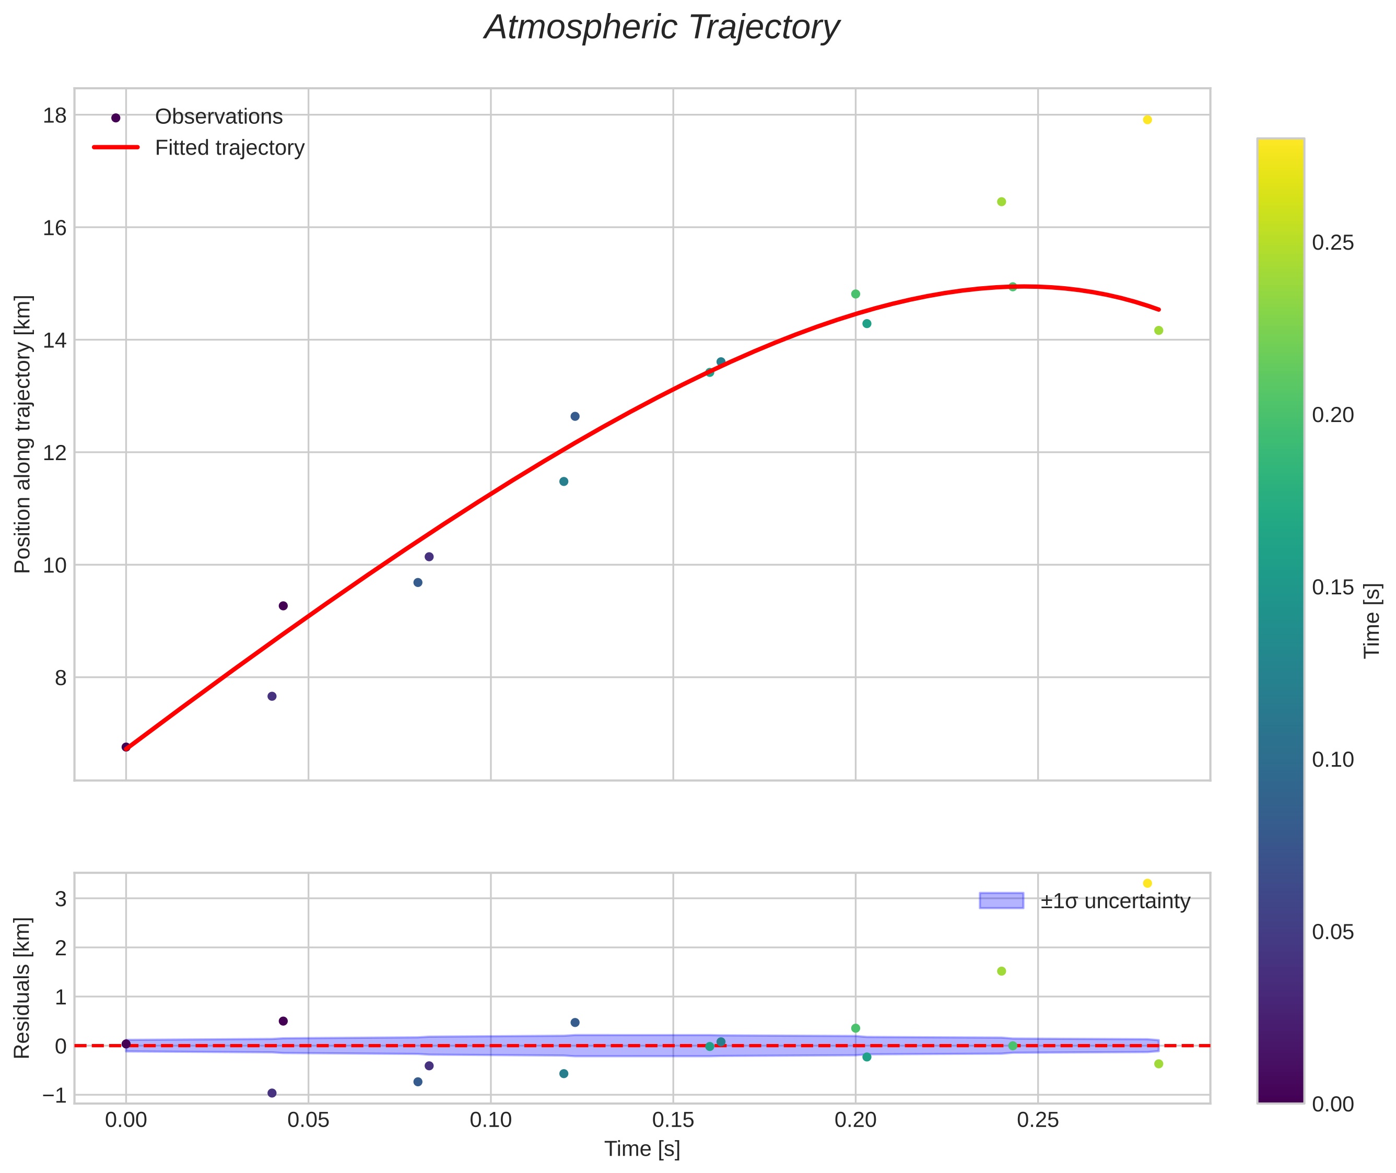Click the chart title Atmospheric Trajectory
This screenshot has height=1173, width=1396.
click(662, 28)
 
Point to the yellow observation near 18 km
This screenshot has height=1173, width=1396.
click(1147, 120)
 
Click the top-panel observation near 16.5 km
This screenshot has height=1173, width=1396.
click(1002, 202)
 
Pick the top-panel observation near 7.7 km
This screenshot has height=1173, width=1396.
click(272, 696)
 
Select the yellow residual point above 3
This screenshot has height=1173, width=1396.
click(1147, 883)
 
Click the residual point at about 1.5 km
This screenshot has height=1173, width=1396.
click(1002, 971)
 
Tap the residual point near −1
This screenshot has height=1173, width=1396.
click(272, 1093)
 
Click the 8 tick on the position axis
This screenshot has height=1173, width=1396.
click(61, 678)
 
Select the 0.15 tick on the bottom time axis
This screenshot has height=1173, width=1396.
click(673, 1120)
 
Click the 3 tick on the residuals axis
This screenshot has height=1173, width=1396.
click(61, 899)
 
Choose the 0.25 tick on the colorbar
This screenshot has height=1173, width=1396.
click(1332, 243)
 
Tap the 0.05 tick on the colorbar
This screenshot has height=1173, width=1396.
click(1332, 932)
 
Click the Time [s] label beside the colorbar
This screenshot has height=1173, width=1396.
click(1372, 620)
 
